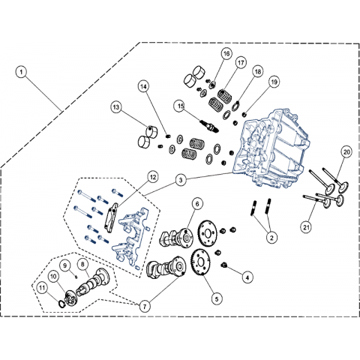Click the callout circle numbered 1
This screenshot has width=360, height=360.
(x=21, y=72)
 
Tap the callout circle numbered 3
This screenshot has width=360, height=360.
(x=181, y=180)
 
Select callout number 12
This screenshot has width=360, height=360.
(x=153, y=177)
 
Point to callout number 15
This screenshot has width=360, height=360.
(x=181, y=106)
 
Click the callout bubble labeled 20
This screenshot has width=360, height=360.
(x=346, y=151)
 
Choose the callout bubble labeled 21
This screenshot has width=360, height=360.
(x=307, y=227)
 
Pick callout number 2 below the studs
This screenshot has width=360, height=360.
(x=271, y=237)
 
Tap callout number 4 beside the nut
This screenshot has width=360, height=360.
(x=247, y=277)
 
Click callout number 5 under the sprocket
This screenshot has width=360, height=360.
(x=217, y=298)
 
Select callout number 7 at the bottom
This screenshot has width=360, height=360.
(x=145, y=306)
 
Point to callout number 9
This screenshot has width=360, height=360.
(x=65, y=265)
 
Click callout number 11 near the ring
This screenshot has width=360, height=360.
(x=42, y=288)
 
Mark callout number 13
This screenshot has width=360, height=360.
(x=116, y=107)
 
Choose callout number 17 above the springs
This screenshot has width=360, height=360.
(x=241, y=63)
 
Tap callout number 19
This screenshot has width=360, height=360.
(x=274, y=82)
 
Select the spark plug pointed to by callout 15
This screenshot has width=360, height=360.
(x=209, y=126)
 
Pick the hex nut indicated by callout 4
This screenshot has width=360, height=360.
(x=224, y=265)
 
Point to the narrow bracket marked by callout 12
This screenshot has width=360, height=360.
(x=111, y=217)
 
